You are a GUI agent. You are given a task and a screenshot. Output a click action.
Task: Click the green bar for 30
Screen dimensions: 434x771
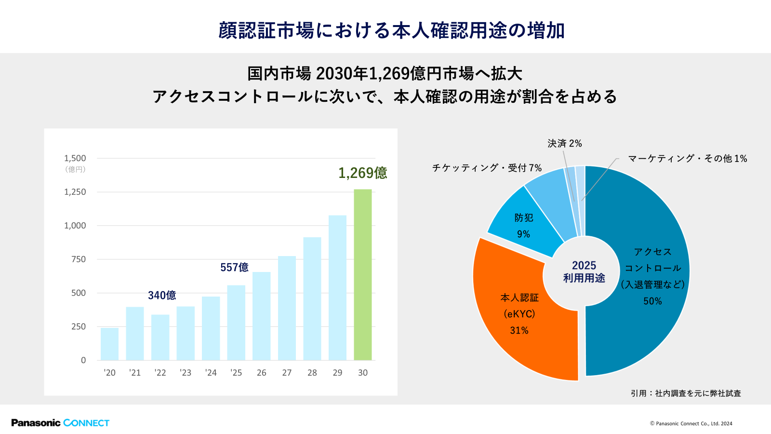pos(362,275)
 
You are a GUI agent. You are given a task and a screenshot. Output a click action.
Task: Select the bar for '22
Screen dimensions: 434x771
pos(160,338)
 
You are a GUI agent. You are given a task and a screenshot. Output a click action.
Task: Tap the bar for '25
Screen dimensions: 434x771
pos(236,323)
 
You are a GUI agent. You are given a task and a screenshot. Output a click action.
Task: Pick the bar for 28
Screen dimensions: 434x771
pos(312,299)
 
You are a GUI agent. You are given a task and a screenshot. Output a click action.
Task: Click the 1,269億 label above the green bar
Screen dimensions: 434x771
pos(362,173)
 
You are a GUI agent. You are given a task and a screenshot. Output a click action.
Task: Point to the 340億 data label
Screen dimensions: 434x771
pos(162,295)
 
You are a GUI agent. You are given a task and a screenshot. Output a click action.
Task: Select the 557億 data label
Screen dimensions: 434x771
pos(234,267)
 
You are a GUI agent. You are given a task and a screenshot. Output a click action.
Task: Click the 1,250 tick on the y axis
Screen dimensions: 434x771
pos(75,192)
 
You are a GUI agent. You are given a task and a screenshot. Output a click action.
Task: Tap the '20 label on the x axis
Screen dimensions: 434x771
pos(109,373)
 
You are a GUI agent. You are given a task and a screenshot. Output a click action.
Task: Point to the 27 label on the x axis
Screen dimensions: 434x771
pos(287,373)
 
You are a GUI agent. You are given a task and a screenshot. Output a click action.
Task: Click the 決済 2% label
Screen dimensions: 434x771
pos(564,144)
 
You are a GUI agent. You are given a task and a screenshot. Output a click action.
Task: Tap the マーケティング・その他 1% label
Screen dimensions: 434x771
pos(687,159)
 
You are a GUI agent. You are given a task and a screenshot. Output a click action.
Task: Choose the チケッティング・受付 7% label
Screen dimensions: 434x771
pos(487,168)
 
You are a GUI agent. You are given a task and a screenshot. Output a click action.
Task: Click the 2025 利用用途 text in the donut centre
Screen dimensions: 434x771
pos(584,271)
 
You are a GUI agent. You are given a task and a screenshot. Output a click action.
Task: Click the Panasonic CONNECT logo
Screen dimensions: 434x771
pos(60,423)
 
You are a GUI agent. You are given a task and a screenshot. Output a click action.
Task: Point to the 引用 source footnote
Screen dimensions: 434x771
pos(686,393)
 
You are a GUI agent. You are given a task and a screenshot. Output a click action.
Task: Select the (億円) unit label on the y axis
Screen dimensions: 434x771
pos(75,169)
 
